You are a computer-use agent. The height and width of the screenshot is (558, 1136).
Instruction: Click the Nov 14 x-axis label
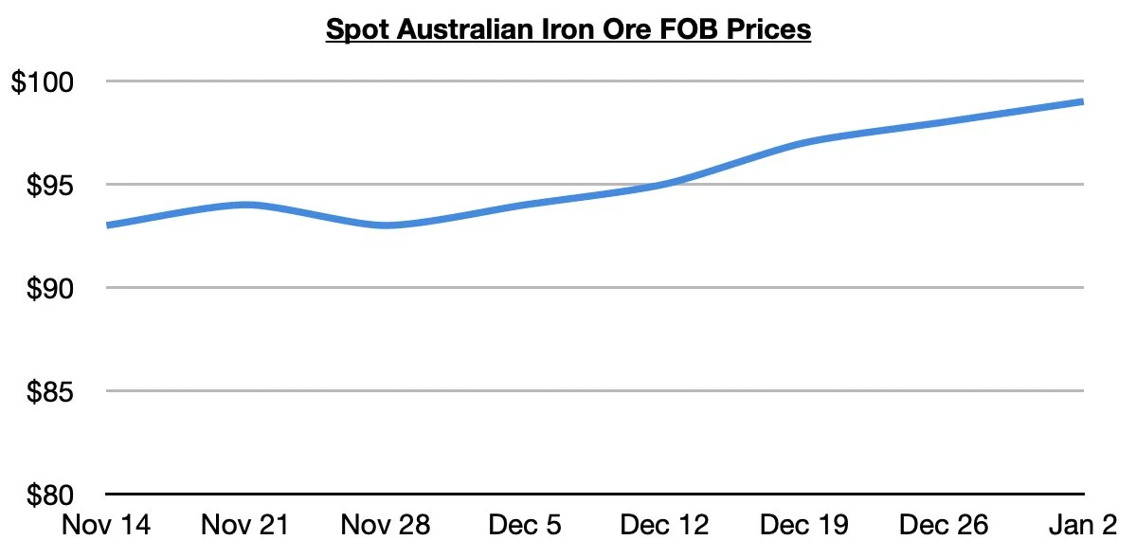[106, 524]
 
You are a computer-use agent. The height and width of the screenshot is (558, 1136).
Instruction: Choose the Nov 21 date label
[245, 524]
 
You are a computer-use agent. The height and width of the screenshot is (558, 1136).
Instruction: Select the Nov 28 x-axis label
[386, 524]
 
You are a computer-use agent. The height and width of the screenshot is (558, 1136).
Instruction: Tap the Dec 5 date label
[525, 524]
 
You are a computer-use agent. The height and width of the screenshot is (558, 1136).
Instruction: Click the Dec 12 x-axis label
[664, 524]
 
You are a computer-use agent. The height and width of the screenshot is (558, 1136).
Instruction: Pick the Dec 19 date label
[804, 524]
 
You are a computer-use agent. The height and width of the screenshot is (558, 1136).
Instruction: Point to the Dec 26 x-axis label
[944, 524]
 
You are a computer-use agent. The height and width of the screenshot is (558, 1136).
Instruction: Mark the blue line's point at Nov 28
[386, 225]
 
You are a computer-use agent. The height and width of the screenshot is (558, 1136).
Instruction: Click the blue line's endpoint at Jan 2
[1082, 101]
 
